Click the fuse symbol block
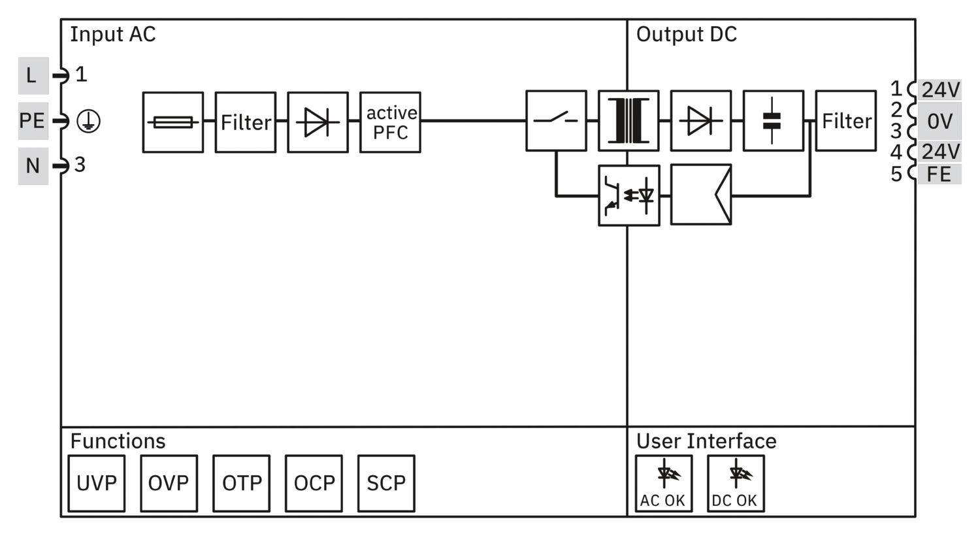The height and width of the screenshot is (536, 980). click(x=173, y=122)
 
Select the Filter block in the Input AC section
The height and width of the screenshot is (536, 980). click(x=246, y=122)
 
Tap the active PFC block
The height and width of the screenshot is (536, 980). click(x=390, y=122)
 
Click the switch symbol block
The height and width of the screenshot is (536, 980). click(x=556, y=121)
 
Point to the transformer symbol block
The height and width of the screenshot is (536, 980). click(x=629, y=121)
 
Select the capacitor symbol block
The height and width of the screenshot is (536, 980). click(x=774, y=121)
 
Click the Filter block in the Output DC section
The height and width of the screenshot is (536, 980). click(x=846, y=121)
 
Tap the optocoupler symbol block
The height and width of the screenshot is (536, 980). click(x=629, y=195)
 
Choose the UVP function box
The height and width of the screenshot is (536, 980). click(x=97, y=484)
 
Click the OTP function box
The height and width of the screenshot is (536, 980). click(x=242, y=484)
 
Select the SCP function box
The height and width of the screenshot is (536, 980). click(x=386, y=484)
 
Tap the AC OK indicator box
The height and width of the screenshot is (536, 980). click(x=664, y=484)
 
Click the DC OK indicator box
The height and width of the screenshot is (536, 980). click(x=736, y=484)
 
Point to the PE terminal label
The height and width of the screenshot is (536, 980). click(x=33, y=121)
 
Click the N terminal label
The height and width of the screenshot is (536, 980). click(x=33, y=166)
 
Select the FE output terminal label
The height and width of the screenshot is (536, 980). click(x=939, y=174)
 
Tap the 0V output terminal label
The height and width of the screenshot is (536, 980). click(x=939, y=121)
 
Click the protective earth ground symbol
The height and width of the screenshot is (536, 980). click(x=88, y=121)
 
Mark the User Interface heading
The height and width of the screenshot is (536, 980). click(x=706, y=441)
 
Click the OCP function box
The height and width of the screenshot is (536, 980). click(x=314, y=484)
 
